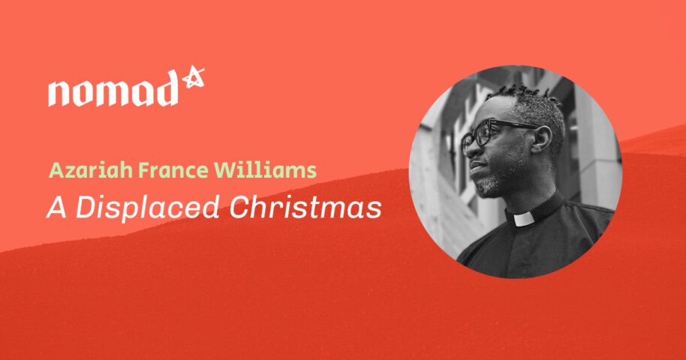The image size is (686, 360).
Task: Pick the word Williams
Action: click(266, 171)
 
